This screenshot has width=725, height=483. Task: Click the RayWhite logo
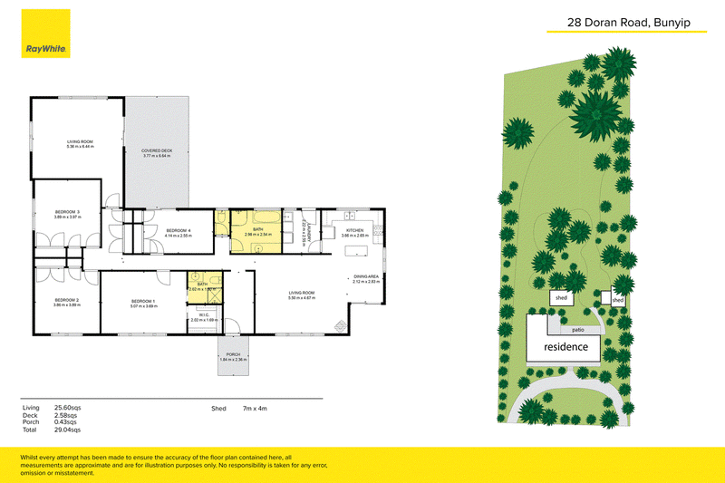tap(48, 49)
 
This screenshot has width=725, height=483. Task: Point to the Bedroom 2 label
tap(66, 302)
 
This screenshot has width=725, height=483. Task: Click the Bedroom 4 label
tap(178, 232)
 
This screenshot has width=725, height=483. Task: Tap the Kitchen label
tap(354, 233)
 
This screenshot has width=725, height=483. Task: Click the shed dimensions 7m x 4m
tap(255, 409)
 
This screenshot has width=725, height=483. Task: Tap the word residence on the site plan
tap(565, 347)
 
